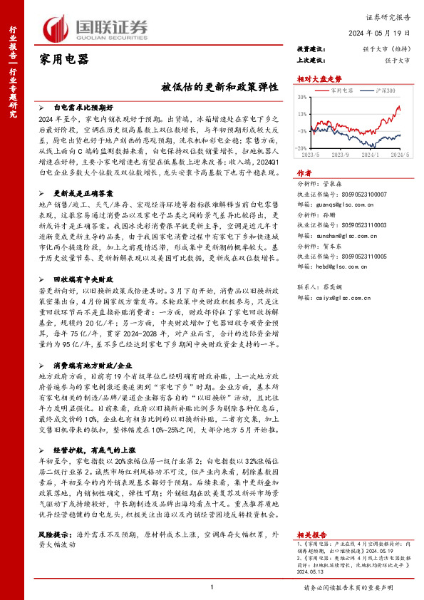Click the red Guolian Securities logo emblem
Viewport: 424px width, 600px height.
[56, 28]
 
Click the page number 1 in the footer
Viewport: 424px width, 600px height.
[212, 587]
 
